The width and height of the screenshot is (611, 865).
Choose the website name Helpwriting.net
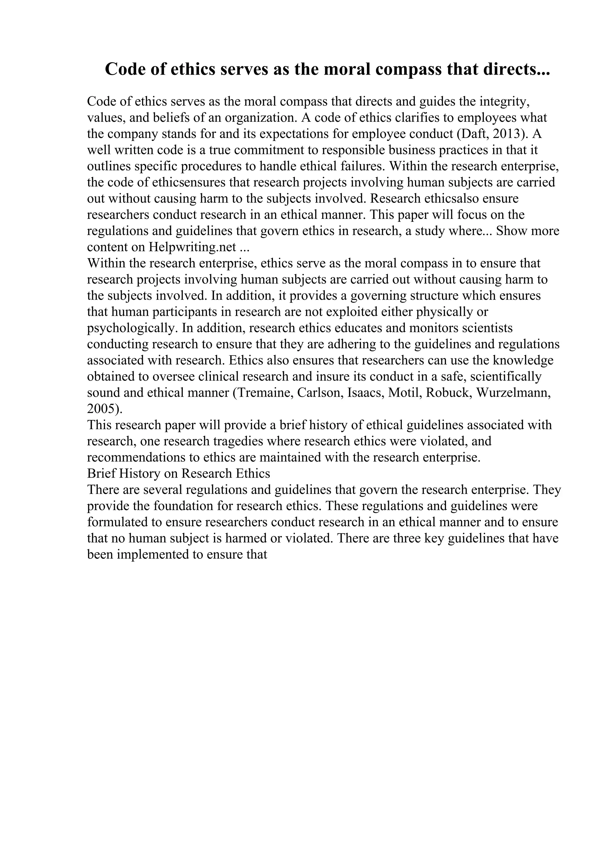pos(192,247)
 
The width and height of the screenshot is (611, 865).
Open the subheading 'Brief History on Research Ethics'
pos(178,474)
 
